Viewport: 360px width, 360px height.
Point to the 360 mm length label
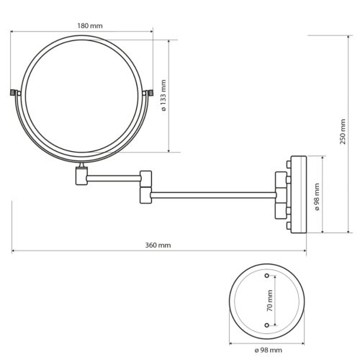[159, 245]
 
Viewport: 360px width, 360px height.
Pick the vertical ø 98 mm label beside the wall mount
[318, 194]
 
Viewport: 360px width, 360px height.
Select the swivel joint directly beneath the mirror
[81, 174]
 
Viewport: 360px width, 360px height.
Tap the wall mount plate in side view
[297, 194]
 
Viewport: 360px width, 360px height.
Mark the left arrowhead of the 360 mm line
[14, 251]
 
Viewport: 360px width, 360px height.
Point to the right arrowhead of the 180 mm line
[152, 32]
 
